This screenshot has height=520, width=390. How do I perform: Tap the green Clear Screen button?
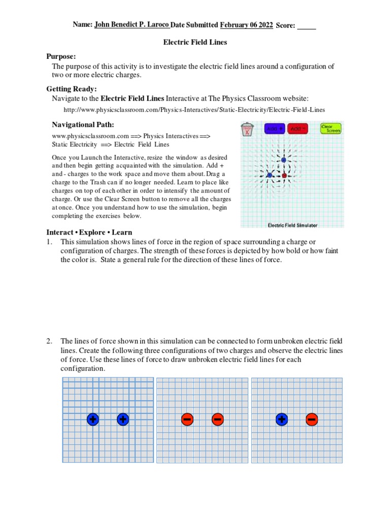coord(331,129)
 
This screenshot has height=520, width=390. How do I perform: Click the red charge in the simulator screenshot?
coord(284,176)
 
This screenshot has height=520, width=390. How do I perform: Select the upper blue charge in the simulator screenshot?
coord(283,160)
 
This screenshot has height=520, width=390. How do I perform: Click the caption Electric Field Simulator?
coord(292,225)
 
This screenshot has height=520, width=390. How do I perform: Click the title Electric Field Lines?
coord(194,42)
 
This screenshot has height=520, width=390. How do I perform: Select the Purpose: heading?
coord(61,56)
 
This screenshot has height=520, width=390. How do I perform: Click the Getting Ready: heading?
coord(72,89)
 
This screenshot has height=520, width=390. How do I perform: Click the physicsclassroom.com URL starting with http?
coord(194,110)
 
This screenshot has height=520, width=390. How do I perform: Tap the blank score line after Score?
coord(306,25)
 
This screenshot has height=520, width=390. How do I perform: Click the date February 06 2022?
coord(246,25)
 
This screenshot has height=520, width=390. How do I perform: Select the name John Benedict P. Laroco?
coord(132,24)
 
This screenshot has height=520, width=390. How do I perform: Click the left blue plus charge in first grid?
coord(92,419)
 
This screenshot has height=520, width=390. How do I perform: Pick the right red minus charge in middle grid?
coord(217,419)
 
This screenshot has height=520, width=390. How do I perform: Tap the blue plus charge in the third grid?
coord(282,419)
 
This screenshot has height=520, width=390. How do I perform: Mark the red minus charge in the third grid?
coord(312,419)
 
